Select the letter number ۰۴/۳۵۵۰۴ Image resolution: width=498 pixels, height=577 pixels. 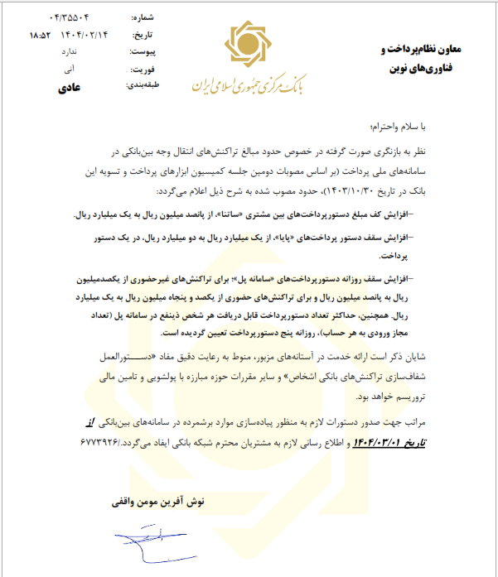click(85, 17)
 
